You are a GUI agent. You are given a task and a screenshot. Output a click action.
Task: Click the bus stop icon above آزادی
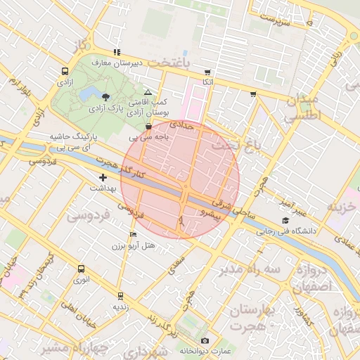[65, 71]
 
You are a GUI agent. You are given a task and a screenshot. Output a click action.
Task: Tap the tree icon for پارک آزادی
[105, 97]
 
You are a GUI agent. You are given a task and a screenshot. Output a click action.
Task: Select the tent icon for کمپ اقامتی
[147, 92]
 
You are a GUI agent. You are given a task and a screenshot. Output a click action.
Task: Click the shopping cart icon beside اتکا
[207, 72]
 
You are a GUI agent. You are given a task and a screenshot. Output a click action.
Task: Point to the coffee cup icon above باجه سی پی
[148, 127]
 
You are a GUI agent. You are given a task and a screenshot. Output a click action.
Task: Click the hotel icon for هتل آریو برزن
[134, 234]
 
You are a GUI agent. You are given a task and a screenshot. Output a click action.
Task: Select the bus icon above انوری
[81, 269]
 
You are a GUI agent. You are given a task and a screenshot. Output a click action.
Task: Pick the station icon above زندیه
[120, 296]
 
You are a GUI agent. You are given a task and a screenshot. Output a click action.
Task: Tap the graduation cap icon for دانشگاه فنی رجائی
[285, 221]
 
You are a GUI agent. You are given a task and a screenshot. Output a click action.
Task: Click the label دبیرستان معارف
[117, 63]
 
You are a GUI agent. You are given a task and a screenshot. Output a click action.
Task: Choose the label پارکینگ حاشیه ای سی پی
[69, 142]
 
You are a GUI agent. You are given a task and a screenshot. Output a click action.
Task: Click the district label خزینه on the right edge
[343, 207]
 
